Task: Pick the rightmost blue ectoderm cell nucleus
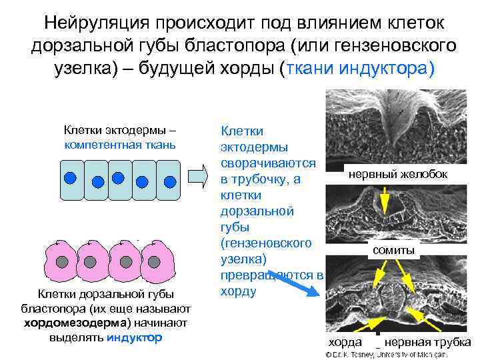169,181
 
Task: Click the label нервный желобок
397,174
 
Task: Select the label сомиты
393,250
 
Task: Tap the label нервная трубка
427,342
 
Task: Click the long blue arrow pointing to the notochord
299,287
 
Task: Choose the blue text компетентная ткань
120,145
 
